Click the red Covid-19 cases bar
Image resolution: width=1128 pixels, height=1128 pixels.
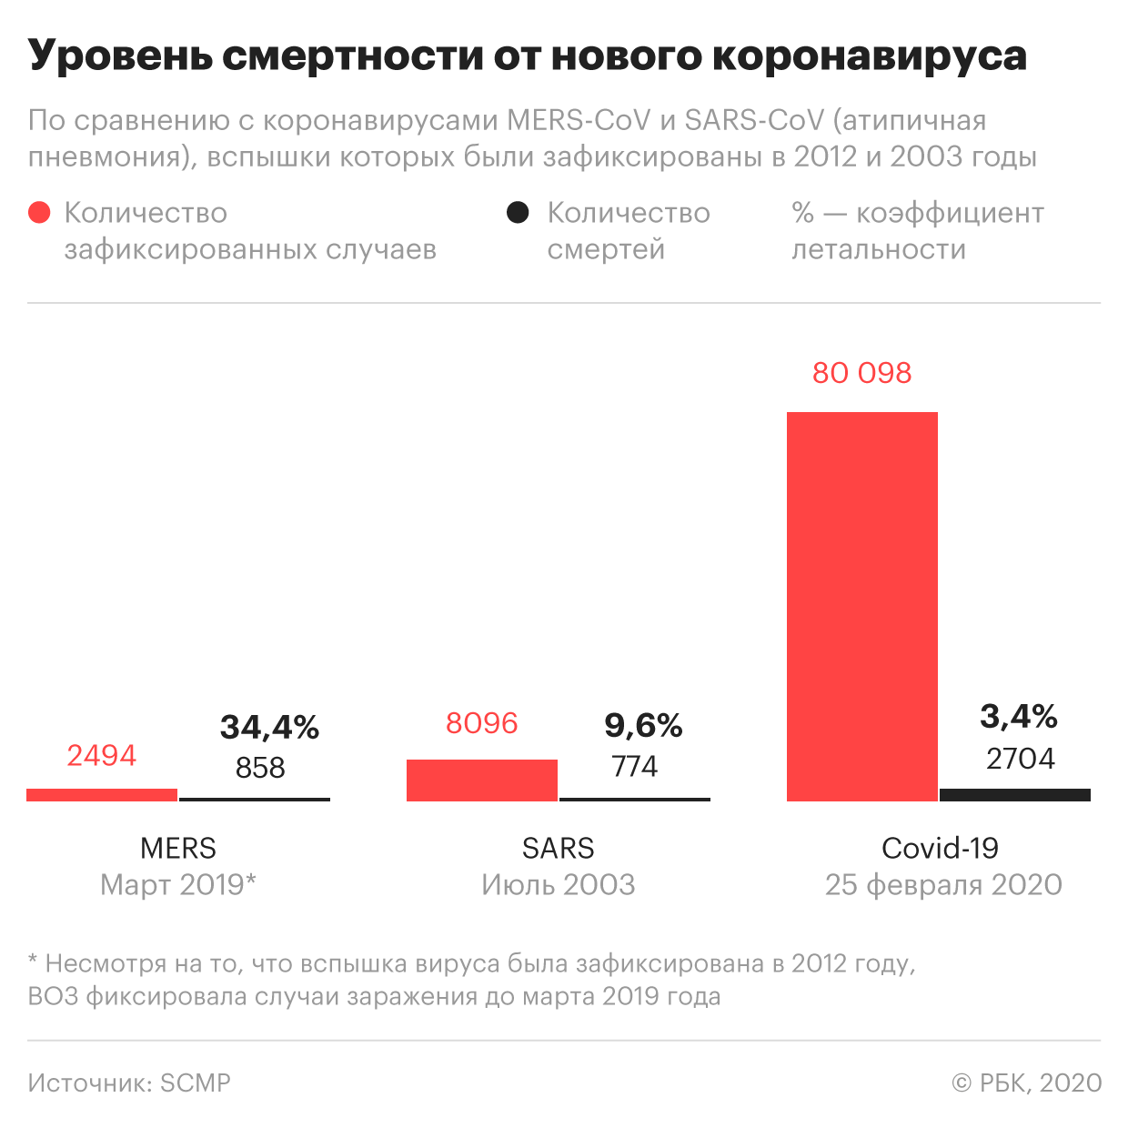point(861,606)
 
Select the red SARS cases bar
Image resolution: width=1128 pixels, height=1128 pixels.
point(481,780)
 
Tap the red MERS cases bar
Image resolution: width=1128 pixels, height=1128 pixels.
point(102,794)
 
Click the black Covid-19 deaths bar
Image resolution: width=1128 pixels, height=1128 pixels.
point(1014,794)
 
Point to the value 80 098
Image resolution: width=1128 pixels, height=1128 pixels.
point(861,373)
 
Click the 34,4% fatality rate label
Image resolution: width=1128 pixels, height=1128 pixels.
point(269,727)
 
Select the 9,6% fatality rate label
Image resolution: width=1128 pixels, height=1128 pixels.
point(643,725)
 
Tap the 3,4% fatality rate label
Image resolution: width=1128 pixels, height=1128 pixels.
point(1018,716)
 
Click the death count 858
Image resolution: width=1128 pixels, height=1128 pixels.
point(260,768)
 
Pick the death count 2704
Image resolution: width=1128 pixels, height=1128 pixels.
point(1020,758)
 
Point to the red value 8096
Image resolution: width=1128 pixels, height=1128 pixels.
point(481,723)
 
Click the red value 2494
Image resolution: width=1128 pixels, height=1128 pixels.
point(101,755)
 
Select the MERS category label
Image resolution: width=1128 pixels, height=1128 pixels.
point(178,848)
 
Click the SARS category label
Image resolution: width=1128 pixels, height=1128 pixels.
point(558,848)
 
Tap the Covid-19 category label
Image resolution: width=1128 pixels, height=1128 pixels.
point(940,848)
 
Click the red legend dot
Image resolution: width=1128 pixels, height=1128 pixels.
point(39,213)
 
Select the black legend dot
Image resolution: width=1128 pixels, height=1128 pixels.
point(518,213)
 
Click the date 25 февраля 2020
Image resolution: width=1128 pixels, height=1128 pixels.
point(943,884)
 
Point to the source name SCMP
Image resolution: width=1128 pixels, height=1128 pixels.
point(196,1083)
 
